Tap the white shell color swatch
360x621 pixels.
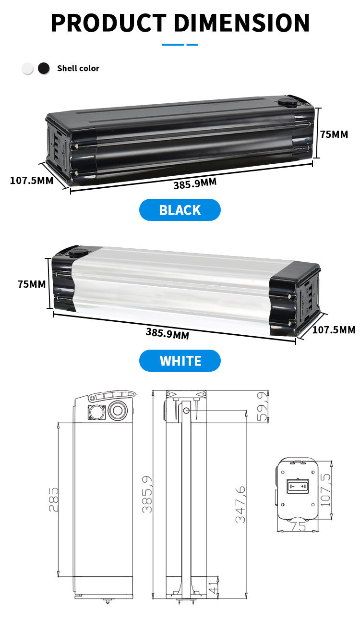[x=28, y=68]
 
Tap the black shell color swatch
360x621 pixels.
[x=44, y=68]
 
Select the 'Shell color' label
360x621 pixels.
[x=78, y=68]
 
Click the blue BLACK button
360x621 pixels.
[x=180, y=210]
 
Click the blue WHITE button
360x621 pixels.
[x=180, y=361]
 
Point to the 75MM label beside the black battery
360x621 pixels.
[x=334, y=134]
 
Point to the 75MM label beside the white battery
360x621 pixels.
[x=32, y=284]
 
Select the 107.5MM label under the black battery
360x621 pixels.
[x=32, y=181]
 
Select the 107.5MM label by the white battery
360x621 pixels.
[x=334, y=329]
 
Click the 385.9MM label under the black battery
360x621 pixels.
[x=195, y=183]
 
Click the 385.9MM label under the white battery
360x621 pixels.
[x=167, y=333]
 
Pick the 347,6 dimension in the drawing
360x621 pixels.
[x=240, y=504]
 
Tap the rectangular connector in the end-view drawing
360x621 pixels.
[x=297, y=487]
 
